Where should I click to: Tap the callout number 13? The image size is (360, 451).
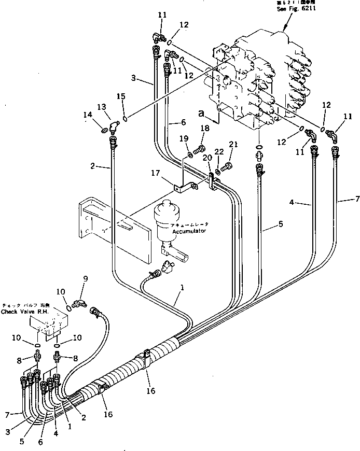(x=102, y=106)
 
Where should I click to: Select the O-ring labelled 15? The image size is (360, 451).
(x=124, y=113)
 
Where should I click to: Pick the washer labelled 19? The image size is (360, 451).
(x=190, y=154)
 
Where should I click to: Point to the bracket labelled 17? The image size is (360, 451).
(x=182, y=185)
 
